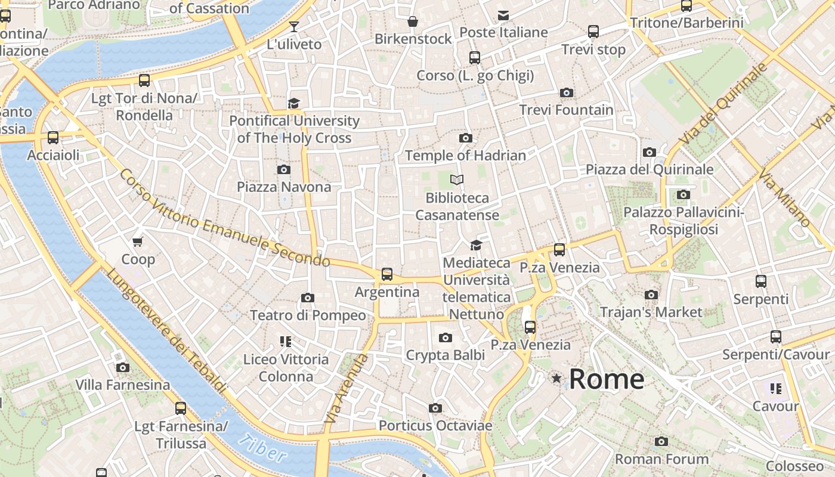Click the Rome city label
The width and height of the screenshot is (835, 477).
tap(607, 379)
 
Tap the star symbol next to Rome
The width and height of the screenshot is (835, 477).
tap(556, 378)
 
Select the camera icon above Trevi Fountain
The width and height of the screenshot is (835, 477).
tap(567, 92)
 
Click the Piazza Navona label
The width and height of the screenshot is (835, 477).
tap(284, 187)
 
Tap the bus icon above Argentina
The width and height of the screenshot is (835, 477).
tap(387, 274)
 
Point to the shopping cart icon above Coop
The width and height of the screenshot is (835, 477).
tap(138, 241)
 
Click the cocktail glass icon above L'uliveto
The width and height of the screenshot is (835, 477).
tap(294, 26)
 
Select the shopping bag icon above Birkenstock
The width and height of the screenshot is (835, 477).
tap(412, 22)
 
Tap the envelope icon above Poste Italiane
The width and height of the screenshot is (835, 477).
tap(503, 15)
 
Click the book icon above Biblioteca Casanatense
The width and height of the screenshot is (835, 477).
tap(457, 179)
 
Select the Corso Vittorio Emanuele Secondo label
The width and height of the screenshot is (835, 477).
tap(224, 218)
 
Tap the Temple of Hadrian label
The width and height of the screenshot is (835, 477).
tap(465, 156)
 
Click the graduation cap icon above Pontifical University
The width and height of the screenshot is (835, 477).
tap(293, 103)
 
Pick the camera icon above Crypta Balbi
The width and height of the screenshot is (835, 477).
tap(445, 338)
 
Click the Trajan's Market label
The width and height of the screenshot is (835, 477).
tap(651, 312)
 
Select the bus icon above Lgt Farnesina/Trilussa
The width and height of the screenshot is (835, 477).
tap(181, 408)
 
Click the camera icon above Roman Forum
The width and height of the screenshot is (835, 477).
tap(661, 442)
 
